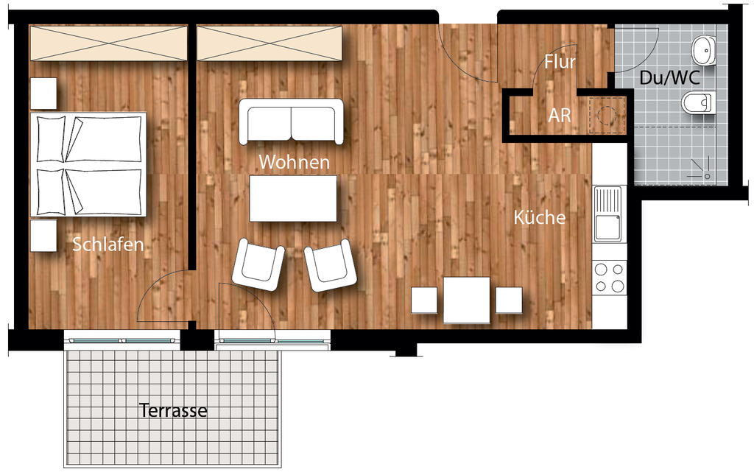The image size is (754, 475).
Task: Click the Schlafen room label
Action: tap(108, 244)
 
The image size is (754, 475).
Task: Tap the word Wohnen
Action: tap(295, 161)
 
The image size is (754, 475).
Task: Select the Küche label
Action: tap(540, 217)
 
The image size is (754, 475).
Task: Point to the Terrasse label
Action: tap(173, 411)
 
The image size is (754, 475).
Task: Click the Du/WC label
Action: tap(670, 77)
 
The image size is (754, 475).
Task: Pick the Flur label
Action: tap(560, 62)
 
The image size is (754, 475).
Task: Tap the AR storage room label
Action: tap(560, 116)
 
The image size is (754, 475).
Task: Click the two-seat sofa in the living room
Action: tap(292, 122)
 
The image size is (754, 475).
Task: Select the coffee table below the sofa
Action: tap(293, 198)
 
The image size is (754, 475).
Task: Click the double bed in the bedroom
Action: tap(88, 164)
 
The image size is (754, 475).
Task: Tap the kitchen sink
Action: tap(609, 214)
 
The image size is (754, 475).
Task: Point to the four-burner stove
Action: tap(610, 278)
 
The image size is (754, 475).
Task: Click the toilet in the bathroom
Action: tap(697, 102)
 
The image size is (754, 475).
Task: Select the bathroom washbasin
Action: tap(703, 51)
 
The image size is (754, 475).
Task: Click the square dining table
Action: tap(466, 300)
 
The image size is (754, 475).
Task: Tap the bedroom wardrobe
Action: tap(108, 43)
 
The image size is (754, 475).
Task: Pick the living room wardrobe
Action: tap(269, 43)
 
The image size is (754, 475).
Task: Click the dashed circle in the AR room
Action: tap(607, 115)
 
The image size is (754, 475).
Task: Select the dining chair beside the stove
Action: tap(509, 300)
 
